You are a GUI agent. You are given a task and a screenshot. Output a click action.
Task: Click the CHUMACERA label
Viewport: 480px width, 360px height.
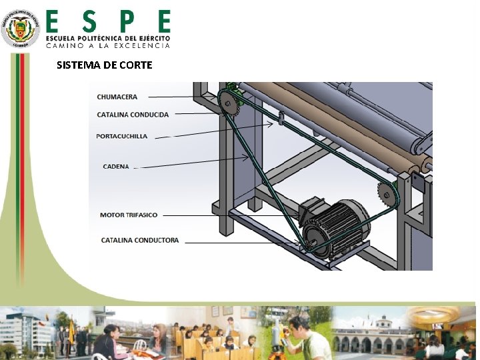pyautogui.click(x=117, y=97)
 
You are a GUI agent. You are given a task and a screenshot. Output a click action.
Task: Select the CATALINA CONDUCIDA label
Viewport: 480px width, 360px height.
pyautogui.click(x=133, y=115)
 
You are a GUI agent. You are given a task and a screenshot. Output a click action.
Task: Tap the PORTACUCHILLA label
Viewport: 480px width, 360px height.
pyautogui.click(x=122, y=136)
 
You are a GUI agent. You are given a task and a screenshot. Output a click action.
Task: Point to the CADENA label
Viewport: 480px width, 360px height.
pyautogui.click(x=116, y=166)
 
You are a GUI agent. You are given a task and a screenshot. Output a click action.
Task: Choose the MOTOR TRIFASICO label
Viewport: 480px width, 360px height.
pyautogui.click(x=129, y=215)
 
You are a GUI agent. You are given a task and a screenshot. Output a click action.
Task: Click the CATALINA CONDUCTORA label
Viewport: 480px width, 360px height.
pyautogui.click(x=140, y=240)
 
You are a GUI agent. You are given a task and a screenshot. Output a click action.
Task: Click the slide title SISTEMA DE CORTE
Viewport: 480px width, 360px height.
pyautogui.click(x=105, y=65)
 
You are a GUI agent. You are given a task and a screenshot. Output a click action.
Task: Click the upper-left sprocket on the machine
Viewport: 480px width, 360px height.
pyautogui.click(x=227, y=102)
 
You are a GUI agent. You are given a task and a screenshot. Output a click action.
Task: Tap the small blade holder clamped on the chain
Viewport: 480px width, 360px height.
pyautogui.click(x=281, y=118)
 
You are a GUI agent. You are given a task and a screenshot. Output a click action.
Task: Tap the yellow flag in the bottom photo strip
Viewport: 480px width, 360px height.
pyautogui.click(x=71, y=330)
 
